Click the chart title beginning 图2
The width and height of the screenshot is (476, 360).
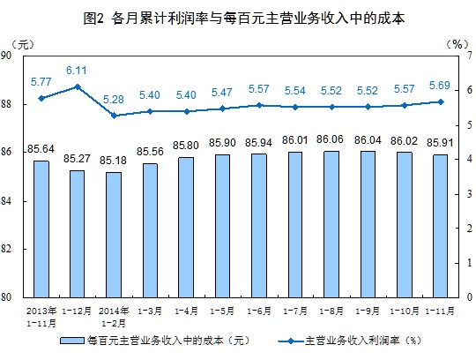click(x=238, y=16)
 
